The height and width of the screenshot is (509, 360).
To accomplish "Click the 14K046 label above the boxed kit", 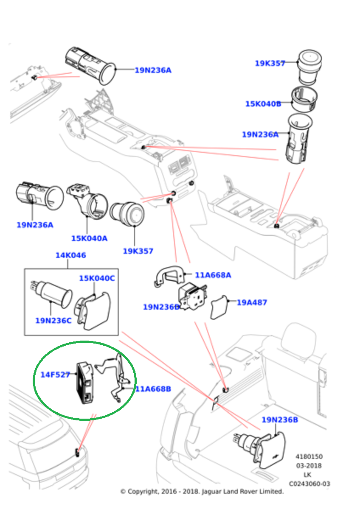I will tap(70, 255).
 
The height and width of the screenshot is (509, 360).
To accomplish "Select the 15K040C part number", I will tap(97, 278).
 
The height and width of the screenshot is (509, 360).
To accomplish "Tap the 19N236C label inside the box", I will tap(53, 321).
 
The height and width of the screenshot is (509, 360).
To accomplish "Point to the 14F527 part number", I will tap(55, 375).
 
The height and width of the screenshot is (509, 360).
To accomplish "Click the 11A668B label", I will tap(153, 389).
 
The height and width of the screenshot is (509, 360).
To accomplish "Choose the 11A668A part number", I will tap(213, 275).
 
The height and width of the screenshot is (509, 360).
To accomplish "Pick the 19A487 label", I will tap(252, 302).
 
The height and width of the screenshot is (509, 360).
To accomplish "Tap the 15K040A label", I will tap(89, 238).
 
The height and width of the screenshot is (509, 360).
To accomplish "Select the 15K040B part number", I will tap(263, 103).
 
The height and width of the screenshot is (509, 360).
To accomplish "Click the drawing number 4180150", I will tap(309, 457).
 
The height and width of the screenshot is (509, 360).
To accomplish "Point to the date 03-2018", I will tap(309, 466).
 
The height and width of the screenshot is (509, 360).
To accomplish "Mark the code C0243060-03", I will tap(309, 484).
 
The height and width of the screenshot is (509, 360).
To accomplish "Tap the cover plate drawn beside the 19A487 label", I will tap(219, 308).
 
